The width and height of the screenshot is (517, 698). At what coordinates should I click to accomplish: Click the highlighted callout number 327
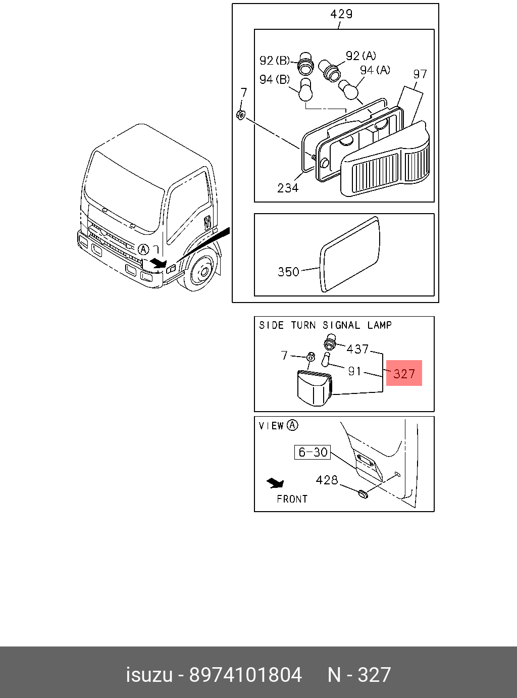point(404,374)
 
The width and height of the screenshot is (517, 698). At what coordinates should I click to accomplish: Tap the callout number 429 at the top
point(341,14)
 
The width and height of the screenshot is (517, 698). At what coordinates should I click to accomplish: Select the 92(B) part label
point(275,61)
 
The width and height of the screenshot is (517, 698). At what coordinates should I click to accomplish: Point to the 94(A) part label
point(375,70)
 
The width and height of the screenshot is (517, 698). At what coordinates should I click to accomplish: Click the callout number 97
point(420,74)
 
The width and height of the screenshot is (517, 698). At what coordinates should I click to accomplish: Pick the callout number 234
point(288,188)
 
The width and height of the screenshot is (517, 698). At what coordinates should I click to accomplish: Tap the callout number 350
point(288,272)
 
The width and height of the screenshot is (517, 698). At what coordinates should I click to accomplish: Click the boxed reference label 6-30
point(313,452)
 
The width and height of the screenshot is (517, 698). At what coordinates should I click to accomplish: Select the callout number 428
point(327,480)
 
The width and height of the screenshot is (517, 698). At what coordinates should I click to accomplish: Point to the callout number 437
point(357,348)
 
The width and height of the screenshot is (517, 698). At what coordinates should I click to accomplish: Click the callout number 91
point(354,371)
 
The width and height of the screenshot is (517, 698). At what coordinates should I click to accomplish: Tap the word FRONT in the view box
point(292,499)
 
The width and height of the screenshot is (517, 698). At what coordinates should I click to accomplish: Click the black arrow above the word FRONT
point(276,483)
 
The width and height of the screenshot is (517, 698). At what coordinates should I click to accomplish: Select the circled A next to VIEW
point(292,425)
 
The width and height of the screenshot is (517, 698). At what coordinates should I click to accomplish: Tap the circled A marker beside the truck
point(144,249)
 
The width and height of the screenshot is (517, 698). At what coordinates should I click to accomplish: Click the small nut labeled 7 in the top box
point(241,115)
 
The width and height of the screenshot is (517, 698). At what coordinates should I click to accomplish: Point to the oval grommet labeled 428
point(363,493)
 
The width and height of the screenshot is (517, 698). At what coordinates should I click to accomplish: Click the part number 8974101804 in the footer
point(245,675)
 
